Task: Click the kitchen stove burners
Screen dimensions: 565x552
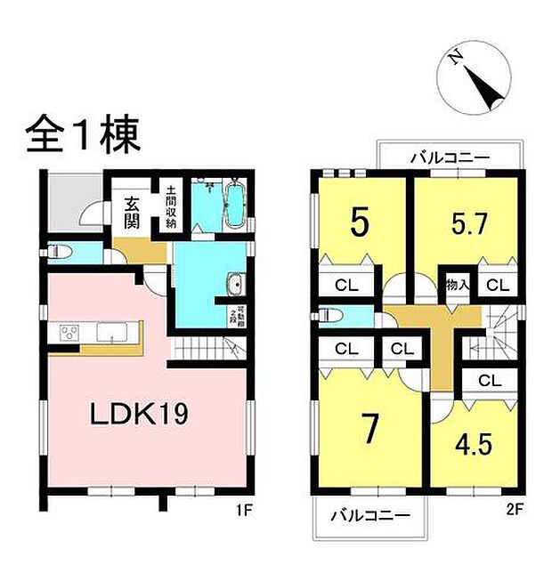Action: tap(70, 333)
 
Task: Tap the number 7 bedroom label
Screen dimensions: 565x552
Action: tap(370, 428)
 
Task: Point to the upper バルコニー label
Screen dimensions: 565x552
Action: tap(450, 157)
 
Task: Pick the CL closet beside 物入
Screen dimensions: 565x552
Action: tap(497, 286)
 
